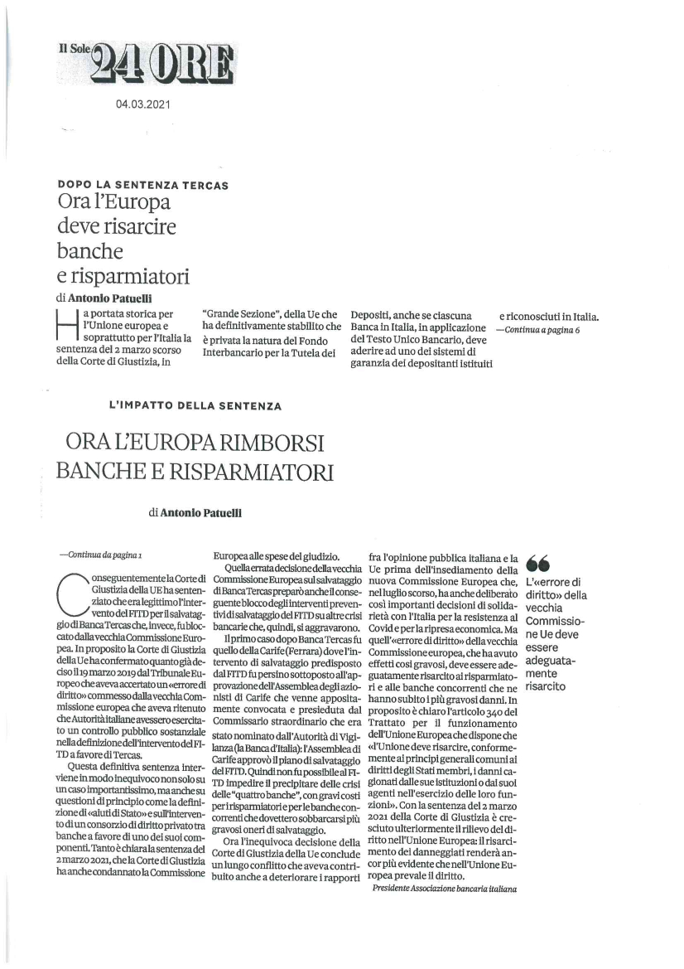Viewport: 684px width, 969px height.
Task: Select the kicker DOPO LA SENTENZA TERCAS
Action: pyautogui.click(x=143, y=184)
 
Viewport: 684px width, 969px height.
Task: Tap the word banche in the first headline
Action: pyautogui.click(x=90, y=250)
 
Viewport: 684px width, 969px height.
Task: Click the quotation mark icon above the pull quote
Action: pyautogui.click(x=537, y=563)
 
